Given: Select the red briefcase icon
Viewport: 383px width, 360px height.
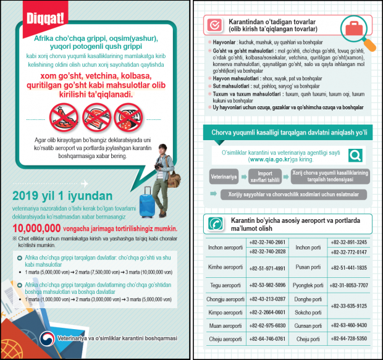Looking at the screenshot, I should pyautogui.click(x=353, y=28).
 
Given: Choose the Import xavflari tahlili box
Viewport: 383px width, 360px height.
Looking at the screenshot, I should pyautogui.click(x=264, y=177).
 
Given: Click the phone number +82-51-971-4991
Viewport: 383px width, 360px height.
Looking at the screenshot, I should pyautogui.click(x=267, y=268).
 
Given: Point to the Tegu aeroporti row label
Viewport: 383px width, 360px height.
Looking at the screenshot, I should pyautogui.click(x=225, y=285).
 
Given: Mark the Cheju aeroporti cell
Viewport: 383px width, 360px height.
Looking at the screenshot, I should pyautogui.click(x=225, y=338).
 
